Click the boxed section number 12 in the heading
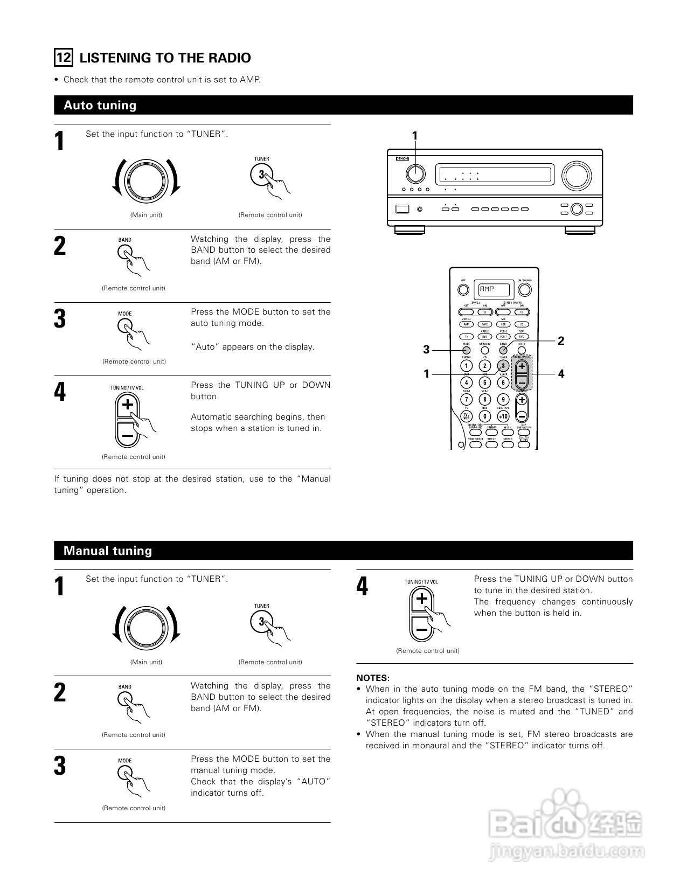pos(64,58)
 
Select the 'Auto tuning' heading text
pos(100,105)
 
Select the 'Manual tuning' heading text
pos(108,551)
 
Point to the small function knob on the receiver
pos(415,173)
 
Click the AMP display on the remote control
pos(492,289)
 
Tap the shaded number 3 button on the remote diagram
pos(503,366)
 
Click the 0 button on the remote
pos(485,416)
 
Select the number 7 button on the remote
pos(467,399)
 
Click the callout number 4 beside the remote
pos(561,373)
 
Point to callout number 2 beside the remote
pos(561,340)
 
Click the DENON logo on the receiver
pos(401,159)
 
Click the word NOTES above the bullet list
pos(372,678)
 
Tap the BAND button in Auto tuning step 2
pos(124,252)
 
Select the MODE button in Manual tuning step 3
pos(124,773)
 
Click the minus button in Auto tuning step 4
pos(127,434)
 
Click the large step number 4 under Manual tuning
pos(362,586)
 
